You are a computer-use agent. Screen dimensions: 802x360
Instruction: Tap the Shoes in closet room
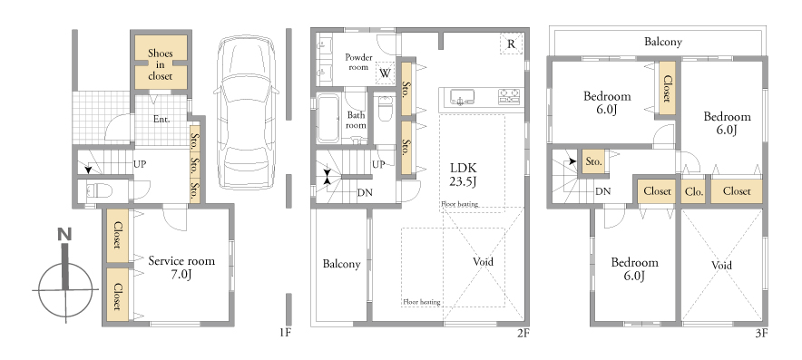161,63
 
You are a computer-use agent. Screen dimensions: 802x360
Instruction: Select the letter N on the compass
64,235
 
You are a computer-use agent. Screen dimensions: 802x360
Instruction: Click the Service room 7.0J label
181,268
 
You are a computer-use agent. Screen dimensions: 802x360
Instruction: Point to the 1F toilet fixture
98,190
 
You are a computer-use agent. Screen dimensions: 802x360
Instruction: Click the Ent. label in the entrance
161,119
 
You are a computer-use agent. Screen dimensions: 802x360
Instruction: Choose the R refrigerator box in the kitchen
511,44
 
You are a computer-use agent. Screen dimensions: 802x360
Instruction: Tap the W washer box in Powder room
386,73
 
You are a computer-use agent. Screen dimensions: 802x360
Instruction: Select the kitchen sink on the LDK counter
462,97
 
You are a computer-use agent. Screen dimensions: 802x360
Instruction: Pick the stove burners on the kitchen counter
509,95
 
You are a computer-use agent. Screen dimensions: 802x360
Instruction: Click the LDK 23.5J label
464,174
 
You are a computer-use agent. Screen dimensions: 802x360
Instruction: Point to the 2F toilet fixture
386,109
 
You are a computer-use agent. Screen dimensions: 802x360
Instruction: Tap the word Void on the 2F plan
483,262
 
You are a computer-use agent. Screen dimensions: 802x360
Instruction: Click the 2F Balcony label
341,265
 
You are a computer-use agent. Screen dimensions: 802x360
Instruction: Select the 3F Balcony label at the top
663,42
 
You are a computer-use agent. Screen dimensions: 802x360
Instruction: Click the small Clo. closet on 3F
693,191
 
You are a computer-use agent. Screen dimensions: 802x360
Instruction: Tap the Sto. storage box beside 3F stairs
593,161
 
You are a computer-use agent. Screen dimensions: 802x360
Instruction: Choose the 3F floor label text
761,334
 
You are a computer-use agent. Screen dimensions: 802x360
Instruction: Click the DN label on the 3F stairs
602,191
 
